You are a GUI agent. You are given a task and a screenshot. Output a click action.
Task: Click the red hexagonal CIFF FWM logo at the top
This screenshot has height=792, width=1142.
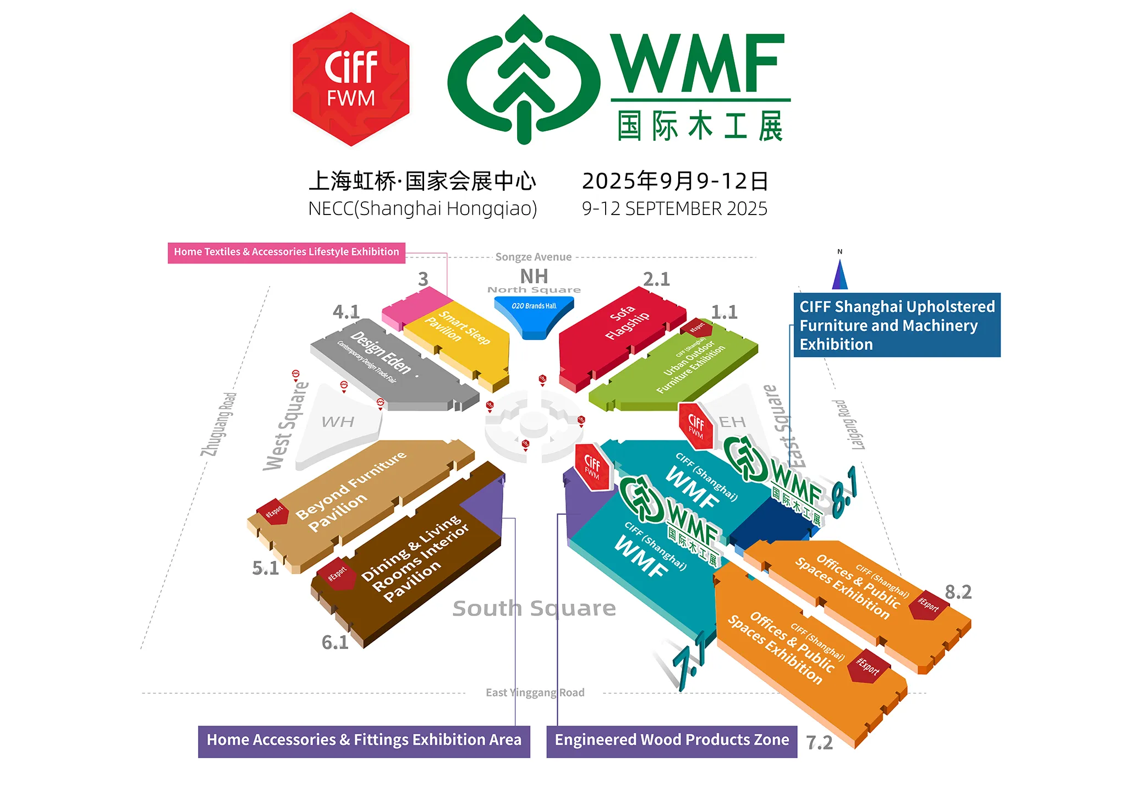(351, 79)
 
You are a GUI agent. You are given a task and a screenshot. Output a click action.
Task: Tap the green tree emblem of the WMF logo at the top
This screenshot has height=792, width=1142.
(524, 79)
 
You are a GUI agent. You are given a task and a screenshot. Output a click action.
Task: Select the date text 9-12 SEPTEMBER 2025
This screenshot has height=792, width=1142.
(674, 209)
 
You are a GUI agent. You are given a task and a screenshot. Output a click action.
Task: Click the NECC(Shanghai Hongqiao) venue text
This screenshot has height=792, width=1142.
(422, 209)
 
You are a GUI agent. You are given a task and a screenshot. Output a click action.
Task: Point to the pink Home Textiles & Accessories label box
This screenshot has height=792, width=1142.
(287, 252)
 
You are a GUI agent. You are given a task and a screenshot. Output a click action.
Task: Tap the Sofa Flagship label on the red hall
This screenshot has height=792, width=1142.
(627, 322)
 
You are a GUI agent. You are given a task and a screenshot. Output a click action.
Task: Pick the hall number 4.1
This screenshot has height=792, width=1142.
(346, 312)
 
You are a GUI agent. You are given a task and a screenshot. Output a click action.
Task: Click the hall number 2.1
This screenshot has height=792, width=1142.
(656, 279)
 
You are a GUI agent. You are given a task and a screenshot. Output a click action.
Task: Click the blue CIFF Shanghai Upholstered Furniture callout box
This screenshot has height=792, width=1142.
(897, 325)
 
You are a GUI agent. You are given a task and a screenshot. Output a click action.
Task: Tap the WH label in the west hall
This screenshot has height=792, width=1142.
(338, 422)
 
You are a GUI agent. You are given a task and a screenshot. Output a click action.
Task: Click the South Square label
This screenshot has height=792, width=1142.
(534, 608)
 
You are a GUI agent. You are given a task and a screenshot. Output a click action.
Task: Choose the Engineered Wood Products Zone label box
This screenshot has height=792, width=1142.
(672, 740)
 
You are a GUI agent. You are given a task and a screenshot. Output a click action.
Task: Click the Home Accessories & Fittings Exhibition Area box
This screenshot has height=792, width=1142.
(364, 740)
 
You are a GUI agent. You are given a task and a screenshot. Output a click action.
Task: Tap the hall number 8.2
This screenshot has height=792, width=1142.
(958, 592)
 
